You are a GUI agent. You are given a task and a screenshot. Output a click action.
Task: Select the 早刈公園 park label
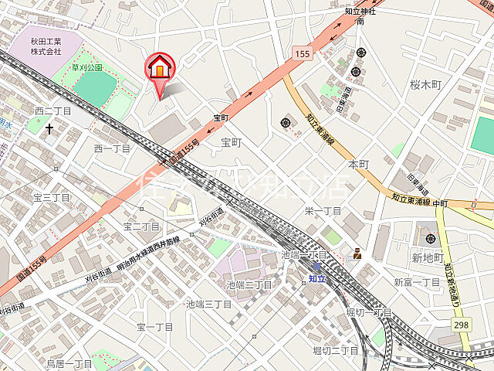tap(87, 68)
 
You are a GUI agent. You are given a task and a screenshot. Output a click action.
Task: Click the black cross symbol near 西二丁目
tap(49, 128)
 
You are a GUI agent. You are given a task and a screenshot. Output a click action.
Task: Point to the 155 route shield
tap(303, 53)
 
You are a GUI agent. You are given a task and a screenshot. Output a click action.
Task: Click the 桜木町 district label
tap(425, 84)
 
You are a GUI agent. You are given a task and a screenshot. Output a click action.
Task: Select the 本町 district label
tap(359, 165)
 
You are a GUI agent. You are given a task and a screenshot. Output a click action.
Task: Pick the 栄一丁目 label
tap(323, 211)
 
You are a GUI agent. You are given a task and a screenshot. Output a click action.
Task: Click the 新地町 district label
tap(427, 257)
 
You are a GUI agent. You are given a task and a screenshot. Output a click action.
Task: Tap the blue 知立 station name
tap(317, 277)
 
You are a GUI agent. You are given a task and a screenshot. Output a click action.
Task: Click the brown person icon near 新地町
tap(357, 253)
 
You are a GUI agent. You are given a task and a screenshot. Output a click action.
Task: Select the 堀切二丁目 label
tap(336, 351)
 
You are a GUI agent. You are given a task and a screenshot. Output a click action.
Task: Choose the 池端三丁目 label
tap(208, 305)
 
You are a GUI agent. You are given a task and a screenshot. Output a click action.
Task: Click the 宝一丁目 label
tap(155, 328)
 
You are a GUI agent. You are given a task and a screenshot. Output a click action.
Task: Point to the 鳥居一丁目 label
tap(69, 363)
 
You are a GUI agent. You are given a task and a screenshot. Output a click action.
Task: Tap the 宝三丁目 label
tap(51, 198)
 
